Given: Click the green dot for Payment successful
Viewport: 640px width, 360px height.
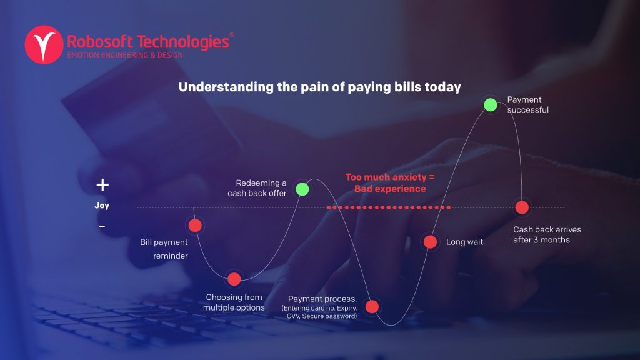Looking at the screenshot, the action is [x=490, y=105].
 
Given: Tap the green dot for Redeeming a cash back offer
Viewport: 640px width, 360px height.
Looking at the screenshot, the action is [x=302, y=189].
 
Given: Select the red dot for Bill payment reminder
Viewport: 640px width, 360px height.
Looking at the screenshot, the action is [x=195, y=225].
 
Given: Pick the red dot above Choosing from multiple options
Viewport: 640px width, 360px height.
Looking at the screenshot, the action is [x=234, y=279].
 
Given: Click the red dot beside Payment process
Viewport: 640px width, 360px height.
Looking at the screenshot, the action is [x=372, y=306].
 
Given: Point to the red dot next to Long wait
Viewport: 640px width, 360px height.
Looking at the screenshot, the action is [x=430, y=242].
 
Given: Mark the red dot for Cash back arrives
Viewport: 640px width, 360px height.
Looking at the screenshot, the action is [x=522, y=207].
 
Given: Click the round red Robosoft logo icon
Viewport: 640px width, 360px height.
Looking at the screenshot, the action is [x=44, y=45].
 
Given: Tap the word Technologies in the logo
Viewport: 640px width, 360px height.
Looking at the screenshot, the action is [x=183, y=42].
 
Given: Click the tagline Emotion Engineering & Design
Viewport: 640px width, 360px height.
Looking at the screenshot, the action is [x=125, y=55].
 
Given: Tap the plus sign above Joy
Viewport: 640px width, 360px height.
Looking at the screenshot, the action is [x=102, y=185].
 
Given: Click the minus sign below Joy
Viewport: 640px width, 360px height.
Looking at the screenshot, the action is [x=102, y=226].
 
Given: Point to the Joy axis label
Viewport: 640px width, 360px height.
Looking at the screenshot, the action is [x=102, y=205].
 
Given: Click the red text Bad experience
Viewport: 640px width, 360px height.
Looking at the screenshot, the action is [x=390, y=189].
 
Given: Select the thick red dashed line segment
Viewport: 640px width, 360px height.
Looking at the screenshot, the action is [x=389, y=207].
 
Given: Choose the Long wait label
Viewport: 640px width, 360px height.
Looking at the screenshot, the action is [x=464, y=242].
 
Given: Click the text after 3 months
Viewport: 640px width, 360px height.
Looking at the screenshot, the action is [x=542, y=240].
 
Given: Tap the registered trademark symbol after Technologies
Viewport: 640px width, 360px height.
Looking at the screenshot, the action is [x=232, y=35].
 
